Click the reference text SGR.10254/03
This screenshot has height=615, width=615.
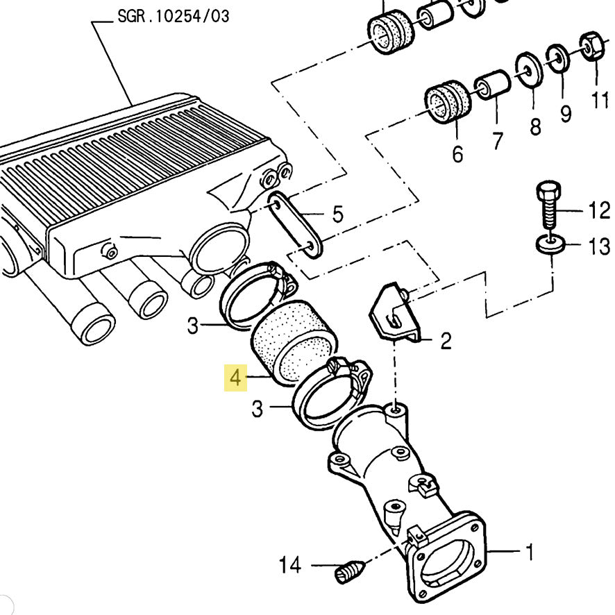[174, 17]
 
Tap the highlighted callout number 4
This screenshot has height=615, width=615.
[235, 378]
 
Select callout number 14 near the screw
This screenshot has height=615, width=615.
[290, 565]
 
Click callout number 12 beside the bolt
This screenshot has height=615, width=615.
[600, 210]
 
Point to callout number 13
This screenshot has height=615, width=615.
[600, 246]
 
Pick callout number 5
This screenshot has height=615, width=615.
[338, 214]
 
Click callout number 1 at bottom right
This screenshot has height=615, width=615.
[530, 552]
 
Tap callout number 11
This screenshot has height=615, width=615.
[600, 100]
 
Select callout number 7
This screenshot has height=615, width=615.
[497, 140]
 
